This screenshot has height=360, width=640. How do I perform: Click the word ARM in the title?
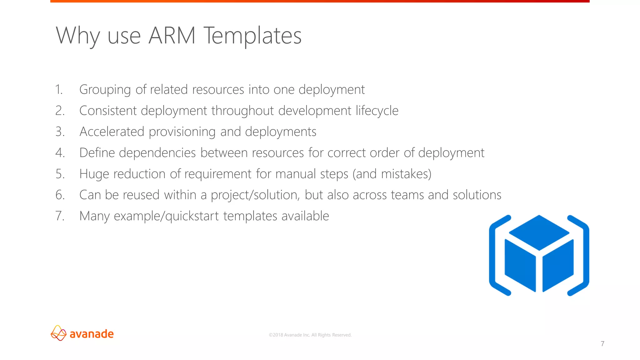172,36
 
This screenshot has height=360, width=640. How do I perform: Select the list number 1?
59,90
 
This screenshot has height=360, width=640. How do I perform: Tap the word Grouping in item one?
105,90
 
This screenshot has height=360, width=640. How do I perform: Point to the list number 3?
60,132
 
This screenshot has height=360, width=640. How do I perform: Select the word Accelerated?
112,132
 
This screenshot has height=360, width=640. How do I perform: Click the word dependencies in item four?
157,153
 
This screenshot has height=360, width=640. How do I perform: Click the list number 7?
60,216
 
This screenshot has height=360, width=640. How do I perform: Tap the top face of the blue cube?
539,232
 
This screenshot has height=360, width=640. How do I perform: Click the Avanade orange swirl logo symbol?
58,333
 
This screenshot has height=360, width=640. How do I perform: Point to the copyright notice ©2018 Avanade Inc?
310,335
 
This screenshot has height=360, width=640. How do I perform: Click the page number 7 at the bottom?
602,344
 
